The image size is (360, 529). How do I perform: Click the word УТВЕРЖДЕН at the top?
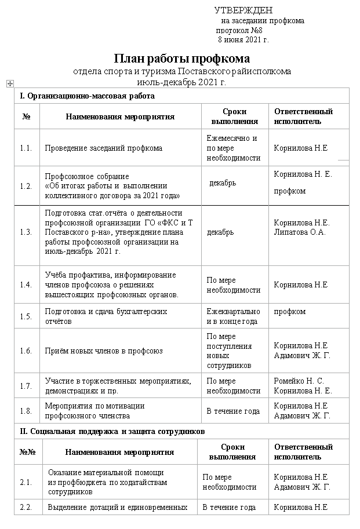(243, 10)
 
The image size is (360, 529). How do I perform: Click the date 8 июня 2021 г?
(243, 40)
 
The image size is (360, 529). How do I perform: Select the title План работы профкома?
(181, 59)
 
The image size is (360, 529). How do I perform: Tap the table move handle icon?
(9, 84)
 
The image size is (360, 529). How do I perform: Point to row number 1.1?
(26, 148)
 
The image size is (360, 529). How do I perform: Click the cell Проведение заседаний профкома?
(103, 148)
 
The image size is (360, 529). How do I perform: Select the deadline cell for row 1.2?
(223, 183)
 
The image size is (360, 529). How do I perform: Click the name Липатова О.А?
(300, 232)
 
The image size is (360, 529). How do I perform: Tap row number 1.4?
(26, 285)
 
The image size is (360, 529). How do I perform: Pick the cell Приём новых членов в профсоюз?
(104, 351)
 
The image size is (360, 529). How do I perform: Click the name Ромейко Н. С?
(299, 381)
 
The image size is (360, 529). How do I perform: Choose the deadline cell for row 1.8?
(233, 411)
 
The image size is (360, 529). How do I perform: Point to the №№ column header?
(28, 452)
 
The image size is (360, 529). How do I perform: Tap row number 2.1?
(26, 482)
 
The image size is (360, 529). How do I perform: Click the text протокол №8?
(239, 30)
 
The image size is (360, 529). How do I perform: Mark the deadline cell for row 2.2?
(229, 508)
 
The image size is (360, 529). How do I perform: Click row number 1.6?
(26, 351)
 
